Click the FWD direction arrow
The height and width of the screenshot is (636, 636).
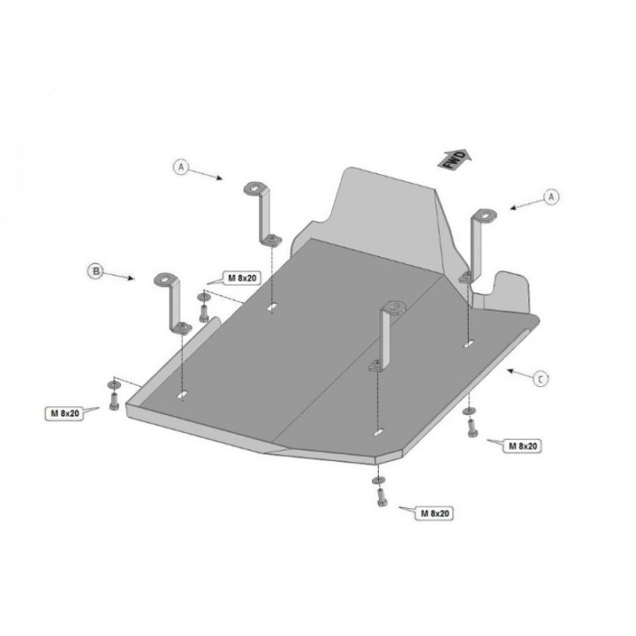point(454,159)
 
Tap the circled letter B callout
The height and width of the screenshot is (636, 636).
point(95,270)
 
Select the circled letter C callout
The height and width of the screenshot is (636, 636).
point(540,379)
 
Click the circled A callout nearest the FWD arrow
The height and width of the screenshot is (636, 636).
point(551,197)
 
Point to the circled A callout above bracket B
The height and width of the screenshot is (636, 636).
point(181,167)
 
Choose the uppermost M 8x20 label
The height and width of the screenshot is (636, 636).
point(242,278)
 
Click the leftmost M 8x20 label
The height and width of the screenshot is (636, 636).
point(64,413)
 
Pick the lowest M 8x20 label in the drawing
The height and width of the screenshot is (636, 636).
point(435,513)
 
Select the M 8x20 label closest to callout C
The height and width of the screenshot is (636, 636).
point(523,446)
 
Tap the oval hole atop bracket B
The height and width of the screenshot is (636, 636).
point(166,278)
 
